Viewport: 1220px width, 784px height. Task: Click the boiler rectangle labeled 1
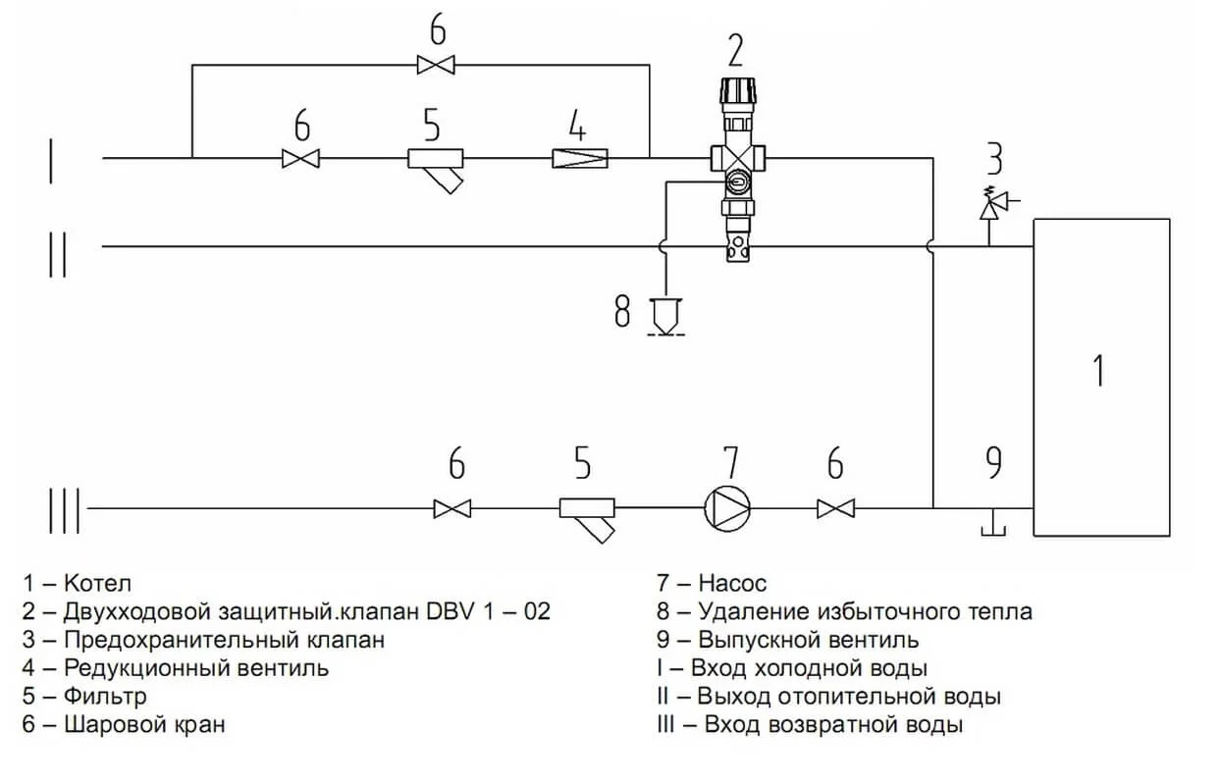point(1100,378)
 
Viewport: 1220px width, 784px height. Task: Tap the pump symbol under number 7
point(727,508)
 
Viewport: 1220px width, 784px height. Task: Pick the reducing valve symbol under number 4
point(580,157)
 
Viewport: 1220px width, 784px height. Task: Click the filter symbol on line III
point(589,515)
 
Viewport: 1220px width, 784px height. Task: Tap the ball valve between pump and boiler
point(835,508)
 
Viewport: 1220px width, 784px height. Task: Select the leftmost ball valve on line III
point(451,508)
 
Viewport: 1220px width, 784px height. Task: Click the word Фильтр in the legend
point(105,697)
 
